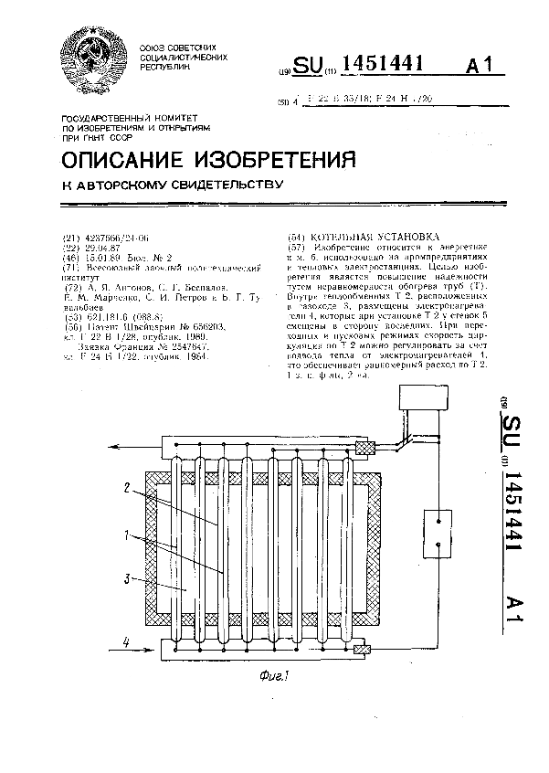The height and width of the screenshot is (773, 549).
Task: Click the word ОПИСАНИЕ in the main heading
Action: point(127,161)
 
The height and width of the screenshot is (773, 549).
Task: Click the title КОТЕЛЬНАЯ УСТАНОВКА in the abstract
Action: point(363,234)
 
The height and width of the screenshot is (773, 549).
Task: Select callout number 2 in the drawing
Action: point(129,489)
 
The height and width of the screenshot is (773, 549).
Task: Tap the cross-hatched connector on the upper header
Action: point(364,448)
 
